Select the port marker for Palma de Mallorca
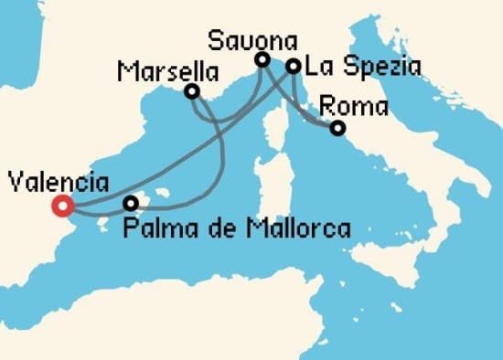click(x=132, y=203)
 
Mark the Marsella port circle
click(x=192, y=91)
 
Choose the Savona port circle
click(x=262, y=60)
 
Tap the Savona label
click(x=253, y=40)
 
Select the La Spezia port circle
click(x=294, y=66)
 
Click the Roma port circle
click(x=337, y=128)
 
